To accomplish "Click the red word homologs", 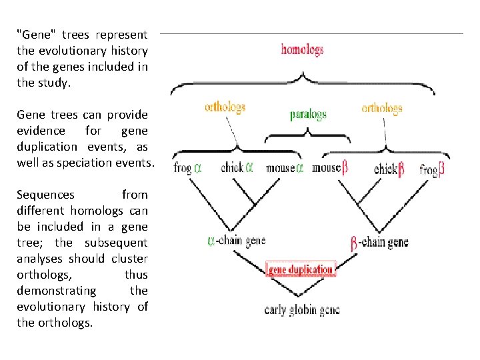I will point(302,49).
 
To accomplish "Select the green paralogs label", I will point(308,114).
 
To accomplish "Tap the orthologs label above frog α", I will point(225,107).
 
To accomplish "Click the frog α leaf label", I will point(187,168).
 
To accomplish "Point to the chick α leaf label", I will point(237,167).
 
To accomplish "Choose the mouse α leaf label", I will point(285,168).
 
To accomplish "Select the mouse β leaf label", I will point(330,168).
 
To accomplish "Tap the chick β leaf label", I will point(389,169).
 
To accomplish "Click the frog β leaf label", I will point(432,169).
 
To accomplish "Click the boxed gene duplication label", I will point(301,270).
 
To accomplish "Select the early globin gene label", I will point(302,310).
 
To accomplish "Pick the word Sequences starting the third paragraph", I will point(45,195).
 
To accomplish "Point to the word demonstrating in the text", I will point(56,291).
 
